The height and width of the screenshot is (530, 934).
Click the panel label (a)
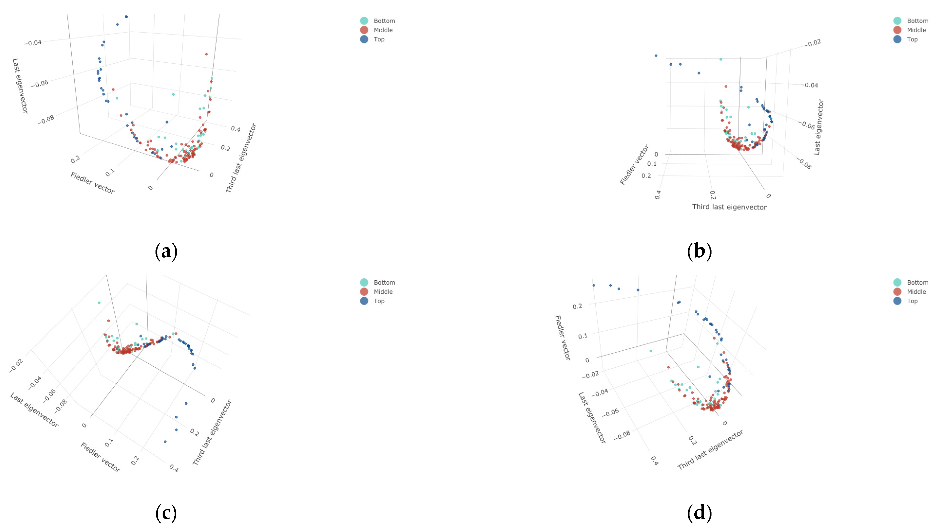[x=166, y=251]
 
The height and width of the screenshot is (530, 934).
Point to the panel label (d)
[x=699, y=512]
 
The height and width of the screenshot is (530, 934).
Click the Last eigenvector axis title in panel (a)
[x=20, y=86]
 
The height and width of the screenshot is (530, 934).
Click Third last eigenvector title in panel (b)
[x=729, y=207]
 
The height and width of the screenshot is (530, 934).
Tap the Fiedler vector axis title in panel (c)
[x=100, y=457]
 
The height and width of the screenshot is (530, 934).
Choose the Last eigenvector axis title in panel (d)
[x=592, y=418]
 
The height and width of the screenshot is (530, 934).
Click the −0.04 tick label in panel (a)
[x=33, y=43]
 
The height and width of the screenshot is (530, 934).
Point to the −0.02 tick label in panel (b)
[x=812, y=43]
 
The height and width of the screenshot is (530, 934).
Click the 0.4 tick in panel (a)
[x=235, y=129]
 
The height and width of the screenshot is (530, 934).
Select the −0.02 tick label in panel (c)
[x=16, y=365]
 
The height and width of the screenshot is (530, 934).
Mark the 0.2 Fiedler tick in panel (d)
[x=577, y=306]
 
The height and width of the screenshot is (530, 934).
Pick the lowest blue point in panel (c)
[x=165, y=442]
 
